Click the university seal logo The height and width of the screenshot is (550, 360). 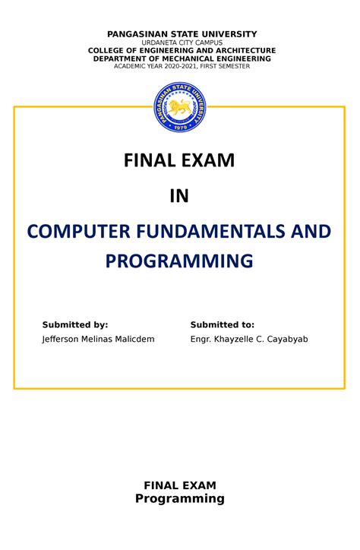point(180,106)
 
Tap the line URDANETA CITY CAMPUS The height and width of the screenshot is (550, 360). point(180,43)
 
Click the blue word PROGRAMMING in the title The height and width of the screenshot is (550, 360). point(179,261)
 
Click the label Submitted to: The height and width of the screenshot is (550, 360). point(222,325)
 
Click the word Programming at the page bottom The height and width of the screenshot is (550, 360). point(179,499)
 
